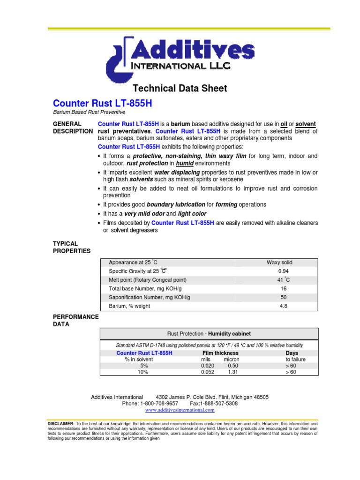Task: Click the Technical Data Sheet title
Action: coord(180,88)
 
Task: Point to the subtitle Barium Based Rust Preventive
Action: coord(89,112)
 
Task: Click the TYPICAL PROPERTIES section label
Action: coord(72,247)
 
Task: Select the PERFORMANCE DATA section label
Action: coord(75,320)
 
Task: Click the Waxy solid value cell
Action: coord(279,262)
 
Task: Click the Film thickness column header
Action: coord(220,353)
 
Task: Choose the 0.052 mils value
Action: coord(208,372)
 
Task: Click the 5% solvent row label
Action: coord(143,366)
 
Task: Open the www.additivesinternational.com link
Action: coord(180,410)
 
